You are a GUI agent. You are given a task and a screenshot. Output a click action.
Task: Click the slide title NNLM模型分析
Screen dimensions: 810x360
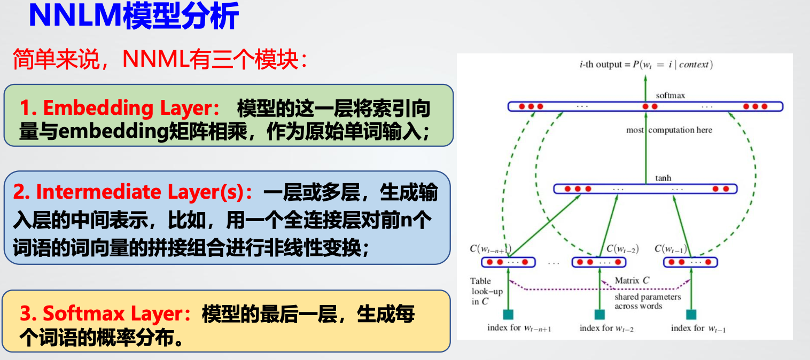tap(133, 17)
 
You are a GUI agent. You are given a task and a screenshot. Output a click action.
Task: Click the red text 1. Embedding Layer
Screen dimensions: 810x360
tap(119, 108)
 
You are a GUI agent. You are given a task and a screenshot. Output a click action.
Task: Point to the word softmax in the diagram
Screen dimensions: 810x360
tap(670, 96)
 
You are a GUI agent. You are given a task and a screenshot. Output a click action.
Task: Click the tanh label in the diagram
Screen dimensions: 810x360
tap(663, 178)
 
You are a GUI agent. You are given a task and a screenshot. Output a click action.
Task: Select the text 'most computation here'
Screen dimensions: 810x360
tap(669, 130)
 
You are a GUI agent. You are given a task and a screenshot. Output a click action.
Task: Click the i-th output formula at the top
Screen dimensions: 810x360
tap(646, 65)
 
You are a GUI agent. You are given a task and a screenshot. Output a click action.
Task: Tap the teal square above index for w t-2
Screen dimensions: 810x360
tap(599, 315)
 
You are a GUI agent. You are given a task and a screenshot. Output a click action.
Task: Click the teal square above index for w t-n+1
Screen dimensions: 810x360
tap(508, 315)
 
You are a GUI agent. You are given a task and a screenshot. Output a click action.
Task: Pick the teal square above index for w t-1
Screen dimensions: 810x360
tap(691, 315)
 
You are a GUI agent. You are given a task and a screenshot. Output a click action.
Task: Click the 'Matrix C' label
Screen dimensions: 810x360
tap(632, 280)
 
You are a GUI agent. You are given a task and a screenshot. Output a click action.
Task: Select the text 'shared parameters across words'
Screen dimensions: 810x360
tap(648, 301)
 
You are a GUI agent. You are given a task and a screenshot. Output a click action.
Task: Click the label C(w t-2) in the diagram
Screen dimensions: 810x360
tap(622, 249)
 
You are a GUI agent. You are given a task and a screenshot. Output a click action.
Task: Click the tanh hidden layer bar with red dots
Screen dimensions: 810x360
tap(645, 189)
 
